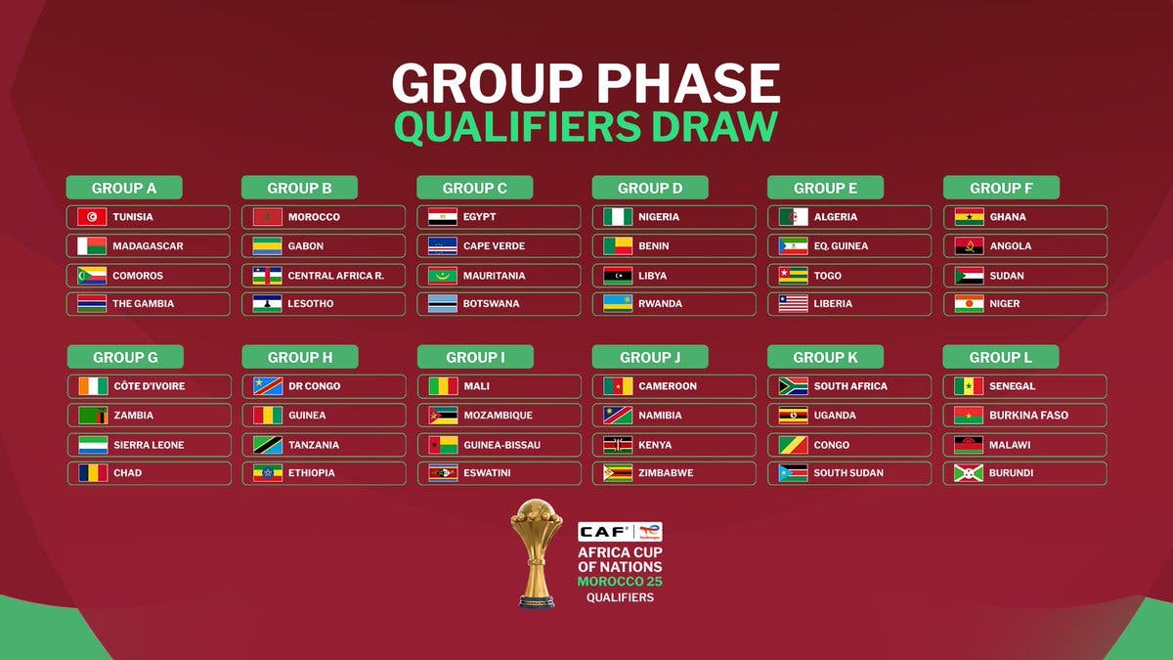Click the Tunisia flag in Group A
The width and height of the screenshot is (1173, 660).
[92, 217]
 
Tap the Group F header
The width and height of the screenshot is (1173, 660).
[1001, 188]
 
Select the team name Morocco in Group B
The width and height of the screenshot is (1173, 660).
[314, 217]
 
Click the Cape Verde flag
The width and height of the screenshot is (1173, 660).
[443, 246]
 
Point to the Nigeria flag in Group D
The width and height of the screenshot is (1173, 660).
[618, 217]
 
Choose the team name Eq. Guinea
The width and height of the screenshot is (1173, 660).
[841, 246]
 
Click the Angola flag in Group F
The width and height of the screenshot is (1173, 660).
[970, 246]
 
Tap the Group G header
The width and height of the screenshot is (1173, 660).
[125, 357]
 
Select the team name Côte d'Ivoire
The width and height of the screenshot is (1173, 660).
[150, 386]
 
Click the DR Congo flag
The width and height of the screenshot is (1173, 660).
[268, 386]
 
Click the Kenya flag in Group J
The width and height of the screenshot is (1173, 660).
[618, 445]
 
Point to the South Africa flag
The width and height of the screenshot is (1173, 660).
[794, 386]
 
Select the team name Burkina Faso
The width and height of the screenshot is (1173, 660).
[1028, 416]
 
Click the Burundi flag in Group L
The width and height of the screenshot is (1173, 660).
[969, 473]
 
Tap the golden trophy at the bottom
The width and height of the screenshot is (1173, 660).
[537, 553]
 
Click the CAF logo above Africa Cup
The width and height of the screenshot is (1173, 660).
[603, 532]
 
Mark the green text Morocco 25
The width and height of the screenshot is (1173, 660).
[620, 582]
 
